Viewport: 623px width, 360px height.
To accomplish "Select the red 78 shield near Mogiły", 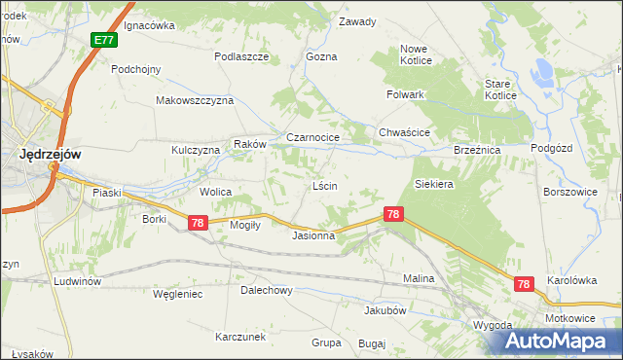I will (198, 223).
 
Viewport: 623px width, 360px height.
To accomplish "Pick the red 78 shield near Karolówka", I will (525, 283).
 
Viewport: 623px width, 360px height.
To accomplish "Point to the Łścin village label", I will (324, 186).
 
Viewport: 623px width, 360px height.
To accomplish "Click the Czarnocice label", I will (311, 138).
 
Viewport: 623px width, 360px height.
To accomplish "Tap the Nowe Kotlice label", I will (415, 54).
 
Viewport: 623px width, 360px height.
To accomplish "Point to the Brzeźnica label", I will (477, 151).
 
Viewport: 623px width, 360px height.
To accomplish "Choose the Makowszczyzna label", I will (196, 100).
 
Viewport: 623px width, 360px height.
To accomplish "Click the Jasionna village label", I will (313, 235).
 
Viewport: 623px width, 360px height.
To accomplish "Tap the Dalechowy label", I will (267, 290).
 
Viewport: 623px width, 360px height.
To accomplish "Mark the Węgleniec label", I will (177, 294).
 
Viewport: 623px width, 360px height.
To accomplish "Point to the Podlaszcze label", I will (241, 56).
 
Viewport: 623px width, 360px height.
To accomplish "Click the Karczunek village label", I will (240, 337).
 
